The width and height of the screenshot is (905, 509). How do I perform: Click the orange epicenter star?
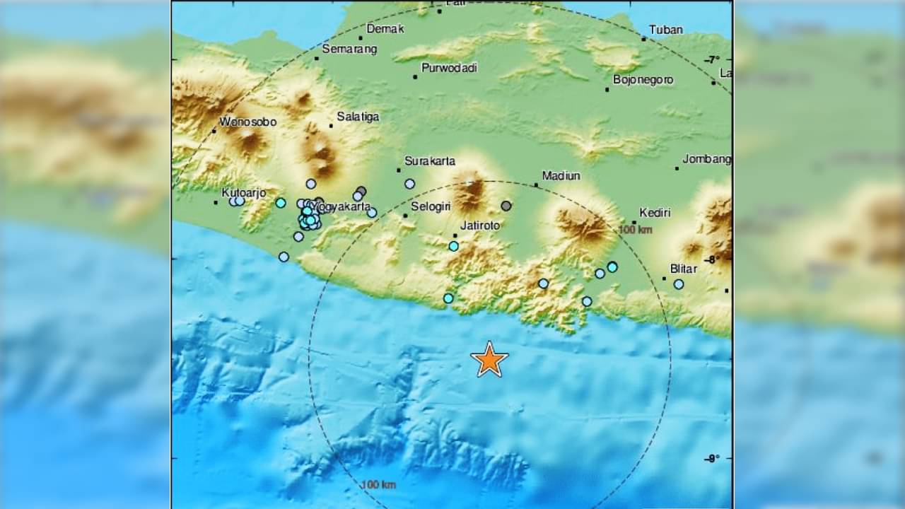[489, 360]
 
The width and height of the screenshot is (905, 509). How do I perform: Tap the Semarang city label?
[349, 49]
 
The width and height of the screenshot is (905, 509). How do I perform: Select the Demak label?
[385, 29]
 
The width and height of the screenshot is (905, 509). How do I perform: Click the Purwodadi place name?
[449, 69]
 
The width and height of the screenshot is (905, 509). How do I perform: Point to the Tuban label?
[666, 30]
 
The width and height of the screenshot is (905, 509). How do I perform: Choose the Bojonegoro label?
[643, 80]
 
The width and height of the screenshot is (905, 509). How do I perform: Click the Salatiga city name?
[358, 117]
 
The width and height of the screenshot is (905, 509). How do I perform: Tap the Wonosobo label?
[247, 122]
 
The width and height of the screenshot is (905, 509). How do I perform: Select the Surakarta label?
[429, 161]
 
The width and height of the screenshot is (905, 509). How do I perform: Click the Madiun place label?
[561, 176]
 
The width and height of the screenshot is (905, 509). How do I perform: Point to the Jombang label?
[707, 160]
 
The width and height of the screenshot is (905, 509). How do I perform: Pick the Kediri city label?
[655, 213]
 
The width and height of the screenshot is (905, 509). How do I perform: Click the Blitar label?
[684, 269]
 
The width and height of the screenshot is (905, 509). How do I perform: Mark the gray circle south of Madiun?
[506, 206]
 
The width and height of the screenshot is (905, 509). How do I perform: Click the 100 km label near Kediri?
[635, 230]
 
